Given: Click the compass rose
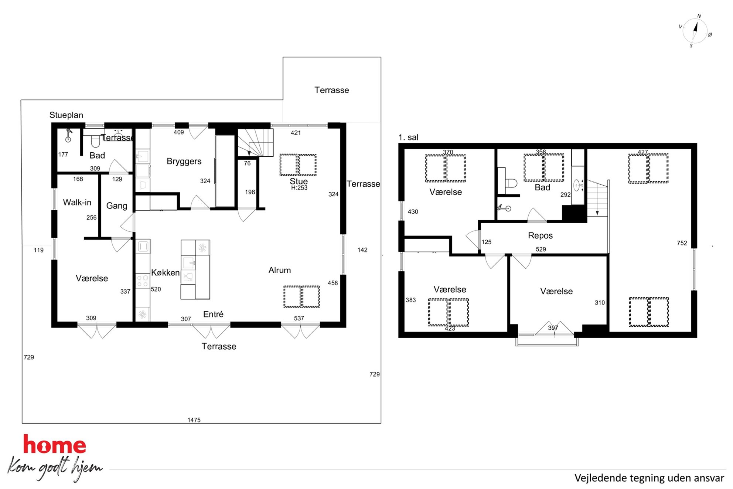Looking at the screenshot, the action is pos(695,31).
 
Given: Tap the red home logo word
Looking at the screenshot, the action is pos(55,444).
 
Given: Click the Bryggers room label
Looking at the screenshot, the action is pos(184,162).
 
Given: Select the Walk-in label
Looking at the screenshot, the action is pos(77,203).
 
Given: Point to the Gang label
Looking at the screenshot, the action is pos(117,206).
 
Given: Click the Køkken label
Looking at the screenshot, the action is pos(165,273).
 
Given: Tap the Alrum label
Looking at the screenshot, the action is pos(280,270).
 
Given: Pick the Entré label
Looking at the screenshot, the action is pos(213,314).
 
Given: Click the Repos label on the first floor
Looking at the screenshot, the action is pos(540,236).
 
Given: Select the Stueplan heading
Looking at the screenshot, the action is pos(67,115).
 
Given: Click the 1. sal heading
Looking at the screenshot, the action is pos(408,137).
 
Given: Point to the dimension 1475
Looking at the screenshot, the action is pos(194,420).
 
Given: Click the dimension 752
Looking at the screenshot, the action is pos(682,243).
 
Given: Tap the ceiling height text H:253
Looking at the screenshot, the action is pos(299,188).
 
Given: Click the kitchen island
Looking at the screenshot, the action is pos(195,269).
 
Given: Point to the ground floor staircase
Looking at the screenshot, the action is pos(255,143).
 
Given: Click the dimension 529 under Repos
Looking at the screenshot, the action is pos(541,249).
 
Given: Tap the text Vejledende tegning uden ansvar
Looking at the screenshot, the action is pos(649,478).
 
